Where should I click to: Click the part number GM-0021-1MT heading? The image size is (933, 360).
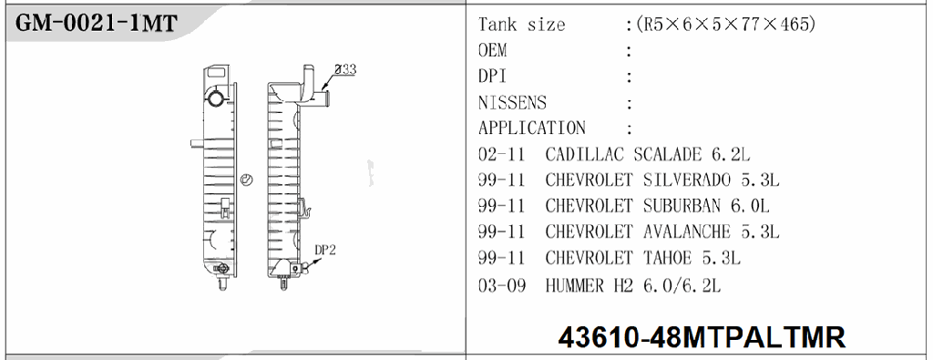(96, 23)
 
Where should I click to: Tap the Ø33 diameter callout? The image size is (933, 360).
(345, 69)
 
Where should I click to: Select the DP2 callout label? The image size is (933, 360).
(325, 250)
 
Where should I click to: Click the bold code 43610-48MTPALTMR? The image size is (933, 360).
(702, 337)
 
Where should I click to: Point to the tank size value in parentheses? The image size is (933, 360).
(725, 25)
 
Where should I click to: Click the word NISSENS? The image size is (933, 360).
(512, 103)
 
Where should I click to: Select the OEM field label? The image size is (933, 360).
(493, 50)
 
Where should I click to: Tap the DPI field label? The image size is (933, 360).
(492, 77)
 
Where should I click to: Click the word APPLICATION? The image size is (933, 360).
(532, 128)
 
